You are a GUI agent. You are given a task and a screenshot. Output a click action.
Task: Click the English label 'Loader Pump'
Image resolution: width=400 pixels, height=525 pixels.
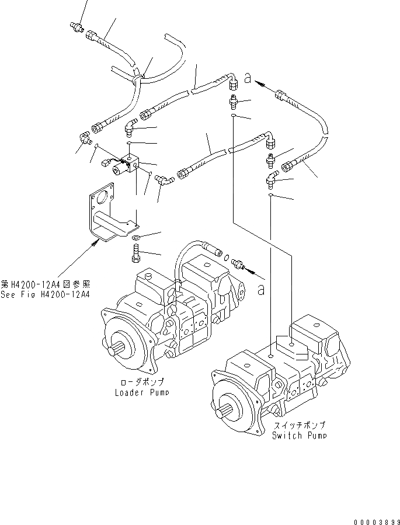pos(142,392)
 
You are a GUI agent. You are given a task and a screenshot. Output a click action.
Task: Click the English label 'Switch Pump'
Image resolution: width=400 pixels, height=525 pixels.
pos(299,435)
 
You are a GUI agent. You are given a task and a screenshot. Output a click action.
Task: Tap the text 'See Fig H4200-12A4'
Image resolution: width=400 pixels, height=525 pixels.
pos(45,294)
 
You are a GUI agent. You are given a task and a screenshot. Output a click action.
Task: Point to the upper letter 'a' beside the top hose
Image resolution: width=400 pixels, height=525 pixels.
pos(248,78)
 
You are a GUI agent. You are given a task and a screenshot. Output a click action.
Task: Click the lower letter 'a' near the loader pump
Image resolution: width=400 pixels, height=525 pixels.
pos(261,288)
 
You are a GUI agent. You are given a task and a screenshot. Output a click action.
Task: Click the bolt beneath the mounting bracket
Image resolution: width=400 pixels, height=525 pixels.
pos(136,253)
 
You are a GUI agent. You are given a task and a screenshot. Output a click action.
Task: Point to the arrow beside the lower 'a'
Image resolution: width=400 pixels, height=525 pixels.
pos(249,270)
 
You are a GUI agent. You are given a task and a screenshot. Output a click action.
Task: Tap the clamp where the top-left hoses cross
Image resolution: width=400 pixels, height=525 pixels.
pos(138,76)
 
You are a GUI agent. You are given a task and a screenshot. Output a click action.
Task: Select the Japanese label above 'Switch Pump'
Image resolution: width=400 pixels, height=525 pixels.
pos(298,425)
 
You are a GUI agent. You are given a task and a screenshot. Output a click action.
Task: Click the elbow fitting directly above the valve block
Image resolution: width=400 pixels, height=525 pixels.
pos(131,126)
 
